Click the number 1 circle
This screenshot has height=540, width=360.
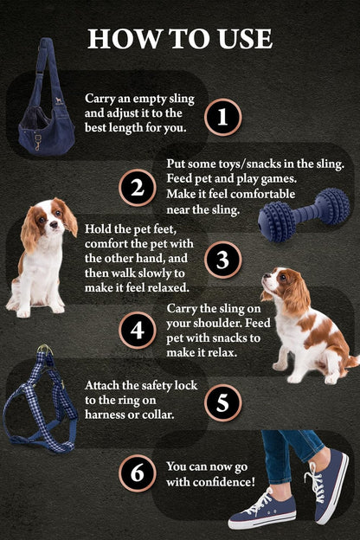223,116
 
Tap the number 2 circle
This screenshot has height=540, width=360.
137,188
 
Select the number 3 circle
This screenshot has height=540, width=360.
223,260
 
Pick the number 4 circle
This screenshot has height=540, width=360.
137,331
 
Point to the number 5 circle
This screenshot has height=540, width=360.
223,402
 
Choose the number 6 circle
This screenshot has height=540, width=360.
137,473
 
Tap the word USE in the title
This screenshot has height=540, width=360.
246,39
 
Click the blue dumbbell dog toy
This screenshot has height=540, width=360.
303,216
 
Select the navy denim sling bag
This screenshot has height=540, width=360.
45,108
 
